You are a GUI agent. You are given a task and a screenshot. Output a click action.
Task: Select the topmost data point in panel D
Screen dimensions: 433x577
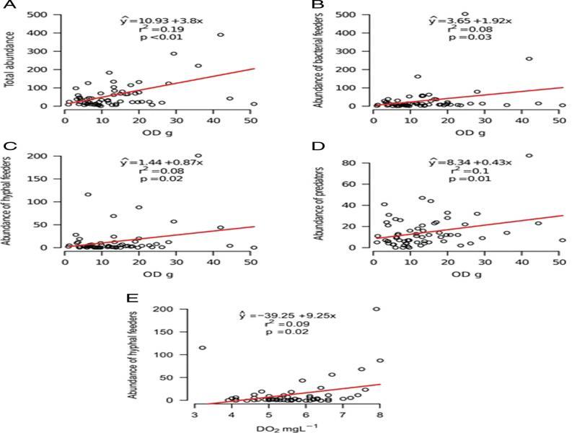529,155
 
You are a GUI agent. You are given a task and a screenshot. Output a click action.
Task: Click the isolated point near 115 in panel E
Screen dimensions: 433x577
203,348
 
